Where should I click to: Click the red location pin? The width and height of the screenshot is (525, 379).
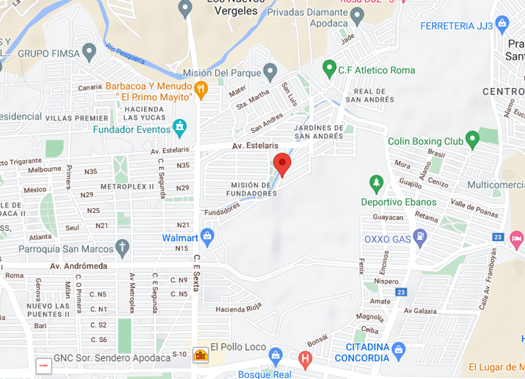[282, 164]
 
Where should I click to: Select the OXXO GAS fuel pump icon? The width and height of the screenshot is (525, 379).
[419, 238]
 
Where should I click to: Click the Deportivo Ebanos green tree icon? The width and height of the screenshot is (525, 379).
[376, 184]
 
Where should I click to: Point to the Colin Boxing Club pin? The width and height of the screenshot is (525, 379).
[473, 140]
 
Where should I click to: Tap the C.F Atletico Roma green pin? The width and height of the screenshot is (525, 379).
[330, 69]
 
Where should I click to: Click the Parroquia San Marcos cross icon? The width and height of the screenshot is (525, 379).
[122, 248]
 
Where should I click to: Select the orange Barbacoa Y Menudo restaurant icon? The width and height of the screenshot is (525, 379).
[201, 90]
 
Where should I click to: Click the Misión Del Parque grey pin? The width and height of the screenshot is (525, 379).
[269, 72]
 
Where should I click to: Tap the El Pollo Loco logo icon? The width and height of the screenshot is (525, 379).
[201, 355]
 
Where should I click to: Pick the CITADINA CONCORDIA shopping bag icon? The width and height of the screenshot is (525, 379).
[399, 350]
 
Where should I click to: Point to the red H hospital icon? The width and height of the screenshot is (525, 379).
[304, 358]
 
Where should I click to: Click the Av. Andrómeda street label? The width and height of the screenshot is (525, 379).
[79, 266]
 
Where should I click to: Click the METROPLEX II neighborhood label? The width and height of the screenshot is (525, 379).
[127, 187]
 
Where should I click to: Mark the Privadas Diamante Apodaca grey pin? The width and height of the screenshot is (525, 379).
[357, 16]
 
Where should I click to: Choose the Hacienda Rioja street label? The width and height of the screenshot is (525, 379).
[239, 308]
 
